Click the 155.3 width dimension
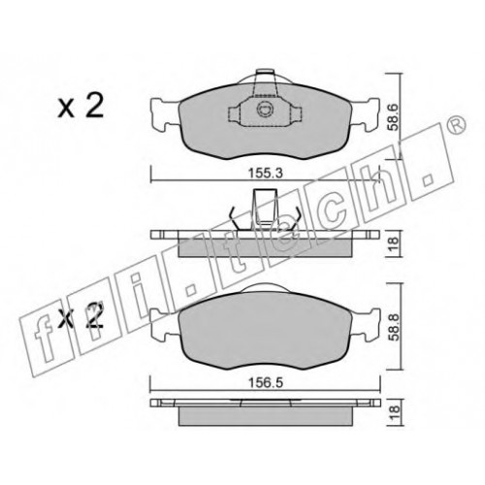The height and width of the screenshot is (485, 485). click(265, 174)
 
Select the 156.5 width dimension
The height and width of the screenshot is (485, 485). click(265, 383)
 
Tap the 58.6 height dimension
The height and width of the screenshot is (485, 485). click(393, 116)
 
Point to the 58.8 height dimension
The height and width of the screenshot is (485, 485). click(393, 326)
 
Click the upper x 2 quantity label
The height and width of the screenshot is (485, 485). click(81, 106)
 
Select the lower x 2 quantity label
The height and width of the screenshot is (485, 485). click(81, 315)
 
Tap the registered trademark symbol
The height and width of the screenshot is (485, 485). click(457, 124)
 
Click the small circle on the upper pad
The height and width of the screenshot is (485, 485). click(264, 110)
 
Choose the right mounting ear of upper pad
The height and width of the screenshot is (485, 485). click(365, 114)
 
